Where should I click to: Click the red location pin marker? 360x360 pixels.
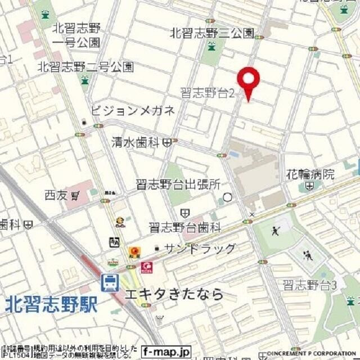pyautogui.click(x=248, y=82)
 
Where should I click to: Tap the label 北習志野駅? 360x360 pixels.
pyautogui.click(x=51, y=304)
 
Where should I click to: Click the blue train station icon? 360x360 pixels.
pyautogui.click(x=110, y=282)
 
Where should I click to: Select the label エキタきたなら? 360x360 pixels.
pyautogui.click(x=174, y=294)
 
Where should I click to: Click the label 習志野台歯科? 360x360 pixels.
pyautogui.click(x=185, y=227)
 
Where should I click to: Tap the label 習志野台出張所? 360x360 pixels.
pyautogui.click(x=178, y=184)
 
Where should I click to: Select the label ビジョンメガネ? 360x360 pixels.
pyautogui.click(x=133, y=110)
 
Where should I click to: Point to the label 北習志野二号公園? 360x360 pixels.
pyautogui.click(x=85, y=67)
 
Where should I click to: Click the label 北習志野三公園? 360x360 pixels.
pyautogui.click(x=211, y=33)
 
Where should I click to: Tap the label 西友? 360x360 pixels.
pyautogui.click(x=58, y=195)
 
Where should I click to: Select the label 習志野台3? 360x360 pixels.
pyautogui.click(x=309, y=285)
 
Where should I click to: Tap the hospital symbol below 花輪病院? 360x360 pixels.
pyautogui.click(x=309, y=186)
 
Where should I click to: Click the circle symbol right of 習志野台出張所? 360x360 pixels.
pyautogui.click(x=228, y=197)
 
